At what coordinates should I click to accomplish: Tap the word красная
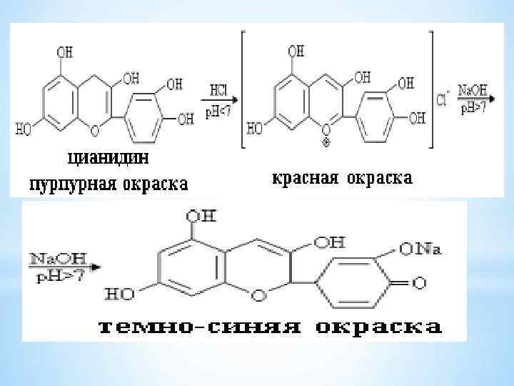(x=305, y=177)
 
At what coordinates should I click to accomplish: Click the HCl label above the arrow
(x=219, y=90)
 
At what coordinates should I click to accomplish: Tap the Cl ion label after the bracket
(x=442, y=101)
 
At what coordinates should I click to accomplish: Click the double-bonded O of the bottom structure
(x=420, y=284)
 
